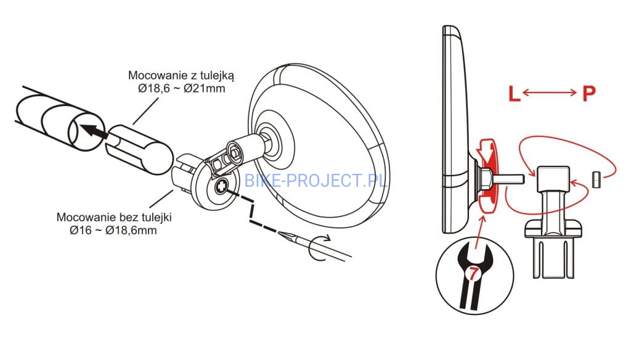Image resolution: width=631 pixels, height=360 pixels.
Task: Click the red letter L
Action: (x=514, y=94)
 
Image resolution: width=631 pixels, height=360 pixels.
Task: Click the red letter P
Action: (x=588, y=94)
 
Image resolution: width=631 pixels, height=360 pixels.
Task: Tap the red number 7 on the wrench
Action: (x=473, y=274)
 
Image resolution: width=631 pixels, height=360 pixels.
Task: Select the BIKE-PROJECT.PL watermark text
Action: (x=315, y=181)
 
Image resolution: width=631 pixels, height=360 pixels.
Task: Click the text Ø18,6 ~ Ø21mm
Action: (x=182, y=89)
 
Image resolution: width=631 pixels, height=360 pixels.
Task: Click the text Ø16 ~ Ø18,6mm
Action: (x=113, y=231)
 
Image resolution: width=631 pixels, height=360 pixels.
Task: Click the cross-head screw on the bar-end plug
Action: (x=221, y=186)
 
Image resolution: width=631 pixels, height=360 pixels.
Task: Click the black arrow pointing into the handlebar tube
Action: (x=94, y=131)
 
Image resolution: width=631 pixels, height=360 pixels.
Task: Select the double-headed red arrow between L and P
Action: (x=549, y=93)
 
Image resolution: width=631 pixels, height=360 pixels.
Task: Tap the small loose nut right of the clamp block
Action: (x=596, y=179)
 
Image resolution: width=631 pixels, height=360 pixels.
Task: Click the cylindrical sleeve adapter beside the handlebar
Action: (x=139, y=150)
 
